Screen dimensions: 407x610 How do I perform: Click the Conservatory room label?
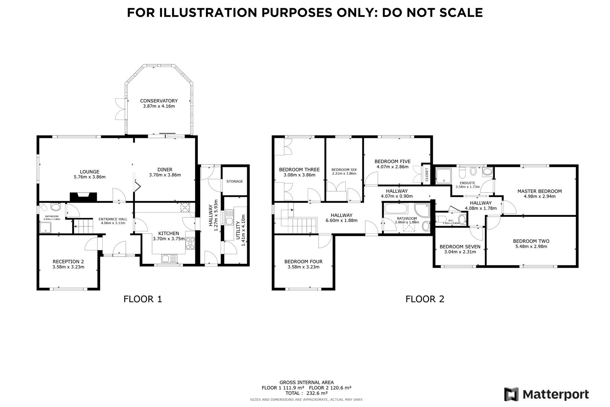tap(159, 101)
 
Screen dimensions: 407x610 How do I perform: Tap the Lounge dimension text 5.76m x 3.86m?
tap(90, 177)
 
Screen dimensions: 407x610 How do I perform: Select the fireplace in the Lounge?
tap(83, 197)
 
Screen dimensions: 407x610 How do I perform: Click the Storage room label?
tap(235, 181)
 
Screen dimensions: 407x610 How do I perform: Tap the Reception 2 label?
tap(68, 262)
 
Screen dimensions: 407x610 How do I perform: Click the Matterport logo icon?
tap(511, 395)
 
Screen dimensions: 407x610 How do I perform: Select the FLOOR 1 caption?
tap(143, 299)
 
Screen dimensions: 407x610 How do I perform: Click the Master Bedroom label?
tap(539, 191)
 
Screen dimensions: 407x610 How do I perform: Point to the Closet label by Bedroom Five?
tap(427, 174)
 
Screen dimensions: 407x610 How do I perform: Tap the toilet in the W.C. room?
tap(461, 219)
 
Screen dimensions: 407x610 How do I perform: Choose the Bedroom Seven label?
tap(460, 246)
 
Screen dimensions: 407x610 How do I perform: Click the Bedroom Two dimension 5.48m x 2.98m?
tap(531, 246)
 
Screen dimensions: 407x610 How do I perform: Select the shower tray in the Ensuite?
tap(443, 175)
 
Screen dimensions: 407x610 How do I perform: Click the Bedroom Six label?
tap(344, 170)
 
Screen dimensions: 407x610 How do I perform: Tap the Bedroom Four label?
tap(303, 262)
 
